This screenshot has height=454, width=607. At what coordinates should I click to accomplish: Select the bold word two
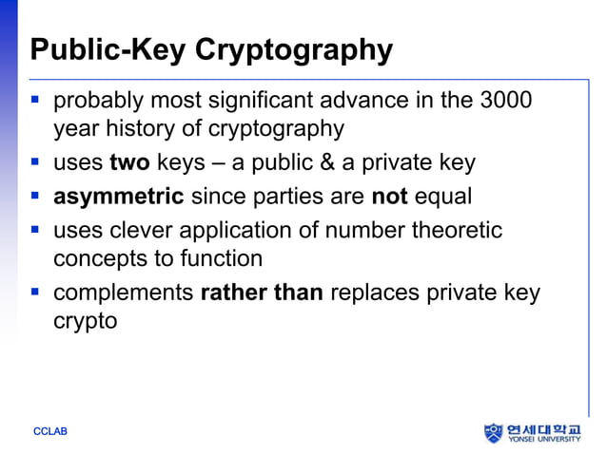[x=129, y=162]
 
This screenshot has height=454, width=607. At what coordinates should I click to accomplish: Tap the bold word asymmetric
[x=118, y=197]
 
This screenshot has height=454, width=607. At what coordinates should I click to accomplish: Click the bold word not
[x=388, y=197]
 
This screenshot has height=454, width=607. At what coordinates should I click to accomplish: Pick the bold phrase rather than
[x=262, y=293]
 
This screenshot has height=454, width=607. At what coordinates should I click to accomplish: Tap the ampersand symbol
[x=328, y=162]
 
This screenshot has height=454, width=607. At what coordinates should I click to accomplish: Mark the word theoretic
[x=456, y=230]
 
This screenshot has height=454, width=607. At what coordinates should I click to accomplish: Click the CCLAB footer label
[x=50, y=432]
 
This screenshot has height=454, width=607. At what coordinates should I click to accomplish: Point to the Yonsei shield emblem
[x=493, y=432]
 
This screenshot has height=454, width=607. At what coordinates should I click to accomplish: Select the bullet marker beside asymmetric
[x=36, y=198]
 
